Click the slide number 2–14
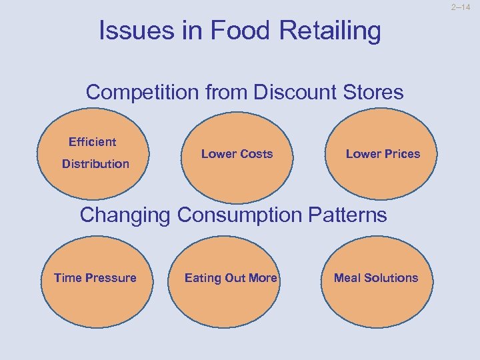(x=464, y=7)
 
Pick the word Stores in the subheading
(x=374, y=92)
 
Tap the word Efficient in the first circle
(x=92, y=142)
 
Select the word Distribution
(x=95, y=164)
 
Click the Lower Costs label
(x=237, y=154)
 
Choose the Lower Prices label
(x=383, y=154)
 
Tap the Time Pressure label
(x=95, y=278)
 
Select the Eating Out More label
(x=231, y=278)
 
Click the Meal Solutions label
(x=376, y=278)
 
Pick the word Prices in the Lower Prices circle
(x=402, y=154)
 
